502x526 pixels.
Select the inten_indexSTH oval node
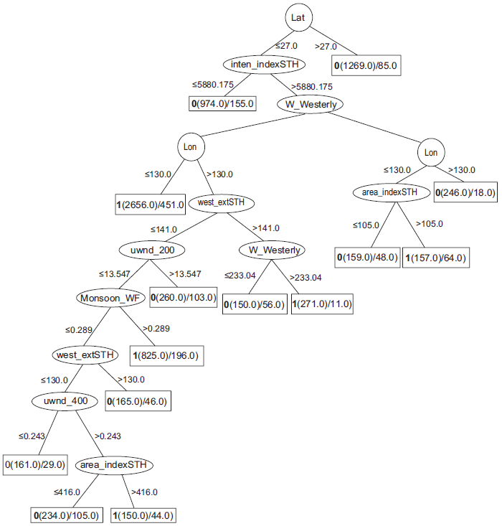point(265,65)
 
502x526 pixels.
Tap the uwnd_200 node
point(152,250)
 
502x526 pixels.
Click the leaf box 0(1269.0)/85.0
point(366,67)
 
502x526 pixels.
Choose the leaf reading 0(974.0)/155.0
point(223,104)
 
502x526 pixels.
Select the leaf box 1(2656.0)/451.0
point(151,205)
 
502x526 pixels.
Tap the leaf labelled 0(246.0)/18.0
point(465,192)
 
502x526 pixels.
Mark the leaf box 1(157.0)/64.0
point(435,258)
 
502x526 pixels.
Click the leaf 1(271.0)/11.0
point(322,304)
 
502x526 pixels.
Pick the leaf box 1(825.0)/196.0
point(166,354)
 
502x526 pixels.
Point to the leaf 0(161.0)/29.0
point(35,465)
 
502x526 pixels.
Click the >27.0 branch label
point(327,46)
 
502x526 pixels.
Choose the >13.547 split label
point(184,274)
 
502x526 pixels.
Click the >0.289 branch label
point(156,329)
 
